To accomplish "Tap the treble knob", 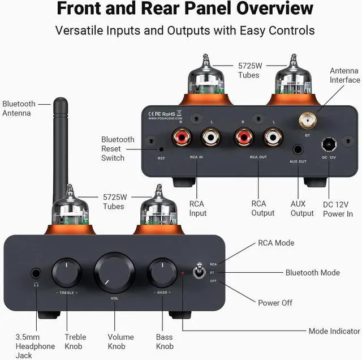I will coord(67,273).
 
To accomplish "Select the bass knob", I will coord(162,273).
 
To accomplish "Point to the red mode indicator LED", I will coord(182,273).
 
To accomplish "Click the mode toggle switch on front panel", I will coord(199,272).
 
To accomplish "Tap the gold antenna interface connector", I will coord(308,120).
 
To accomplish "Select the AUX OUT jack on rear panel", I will coord(298,151).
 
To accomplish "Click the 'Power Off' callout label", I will coord(275,303).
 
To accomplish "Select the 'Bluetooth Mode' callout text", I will coord(312,273).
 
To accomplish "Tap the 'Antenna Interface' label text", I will coord(344,75).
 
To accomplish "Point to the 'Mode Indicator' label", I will coord(334,331).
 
